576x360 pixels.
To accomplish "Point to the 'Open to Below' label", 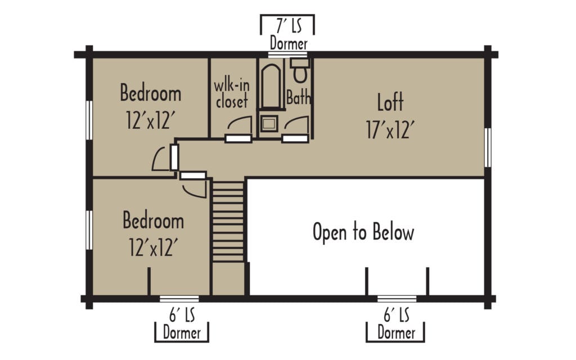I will coord(363,232).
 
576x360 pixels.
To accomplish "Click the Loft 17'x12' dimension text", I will coord(390,130).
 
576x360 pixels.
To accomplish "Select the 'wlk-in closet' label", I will coord(231,94).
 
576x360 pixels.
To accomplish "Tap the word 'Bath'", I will coord(298,98).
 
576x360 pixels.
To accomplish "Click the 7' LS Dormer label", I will coord(287,34).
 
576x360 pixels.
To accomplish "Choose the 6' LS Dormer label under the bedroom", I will coord(182,324).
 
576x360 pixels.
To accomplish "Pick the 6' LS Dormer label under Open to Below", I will coord(396,324).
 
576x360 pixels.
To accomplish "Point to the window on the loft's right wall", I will coord(488,147).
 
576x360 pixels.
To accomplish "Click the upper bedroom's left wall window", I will coord(88,119).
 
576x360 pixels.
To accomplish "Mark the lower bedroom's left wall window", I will coord(88,229).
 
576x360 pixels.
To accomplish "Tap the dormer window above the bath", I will coord(287,55).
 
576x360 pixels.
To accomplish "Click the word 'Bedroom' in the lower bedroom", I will coord(153,221).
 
